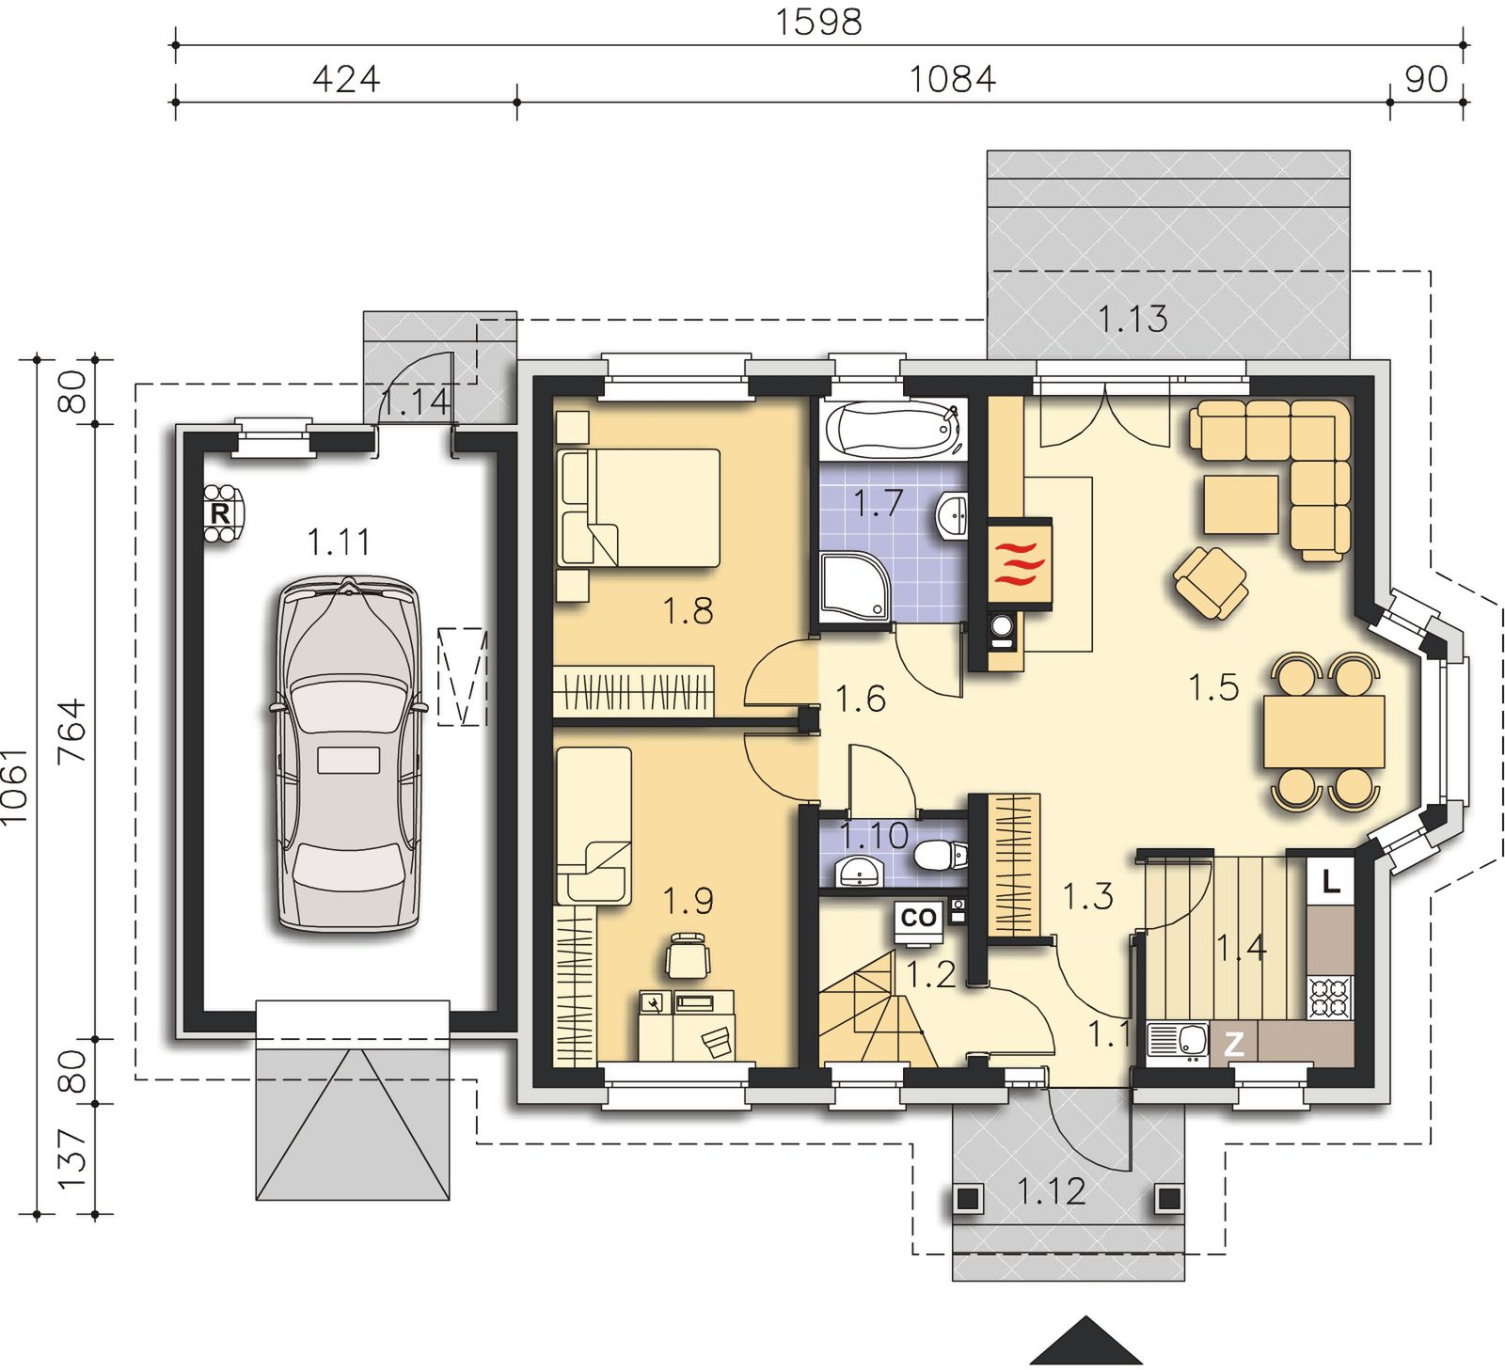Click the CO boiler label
coord(918,917)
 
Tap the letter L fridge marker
coord(1330,882)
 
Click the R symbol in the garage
coord(219,513)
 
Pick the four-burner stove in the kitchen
coord(1330,998)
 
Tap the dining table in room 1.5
coord(1324,732)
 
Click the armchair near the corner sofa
coord(1212,583)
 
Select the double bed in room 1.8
coord(639,508)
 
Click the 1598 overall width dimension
coord(818,22)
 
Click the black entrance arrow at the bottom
coord(1086,1339)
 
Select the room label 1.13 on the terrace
coord(1133,320)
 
